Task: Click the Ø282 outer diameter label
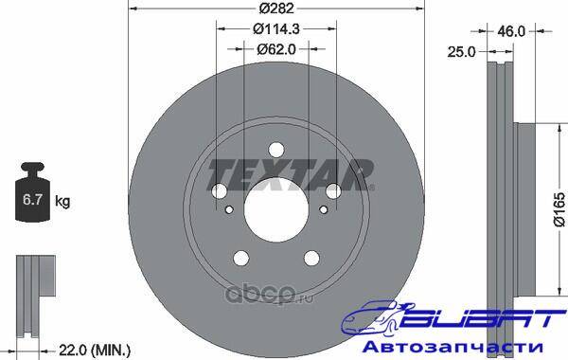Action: [x=276, y=9]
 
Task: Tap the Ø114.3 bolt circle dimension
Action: [x=276, y=28]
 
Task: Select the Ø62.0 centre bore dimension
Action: [x=276, y=49]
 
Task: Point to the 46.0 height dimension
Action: [x=511, y=31]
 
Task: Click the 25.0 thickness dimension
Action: [x=461, y=52]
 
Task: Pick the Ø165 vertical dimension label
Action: [x=559, y=209]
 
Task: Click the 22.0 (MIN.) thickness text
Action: [x=94, y=351]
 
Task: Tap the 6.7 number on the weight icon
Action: [x=32, y=199]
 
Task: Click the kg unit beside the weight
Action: [x=62, y=201]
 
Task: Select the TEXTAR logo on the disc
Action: [x=291, y=174]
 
